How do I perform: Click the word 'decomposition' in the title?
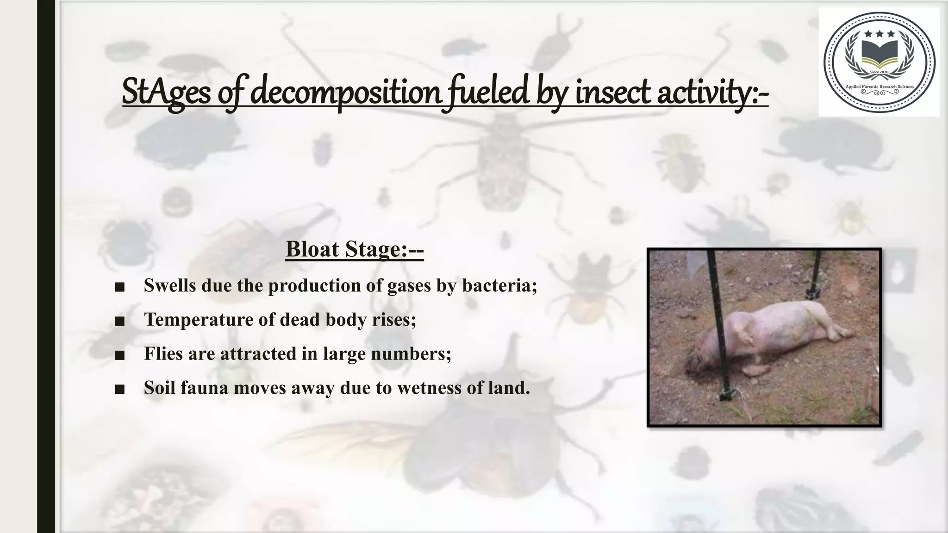[346, 92]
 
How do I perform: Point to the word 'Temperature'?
[199, 320]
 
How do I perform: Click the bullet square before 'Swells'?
[120, 287]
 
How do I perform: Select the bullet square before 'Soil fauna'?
[120, 389]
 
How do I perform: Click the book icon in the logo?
[879, 54]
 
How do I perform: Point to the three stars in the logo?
[879, 34]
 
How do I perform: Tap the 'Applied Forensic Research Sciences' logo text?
[879, 87]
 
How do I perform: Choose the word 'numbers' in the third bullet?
[409, 354]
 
